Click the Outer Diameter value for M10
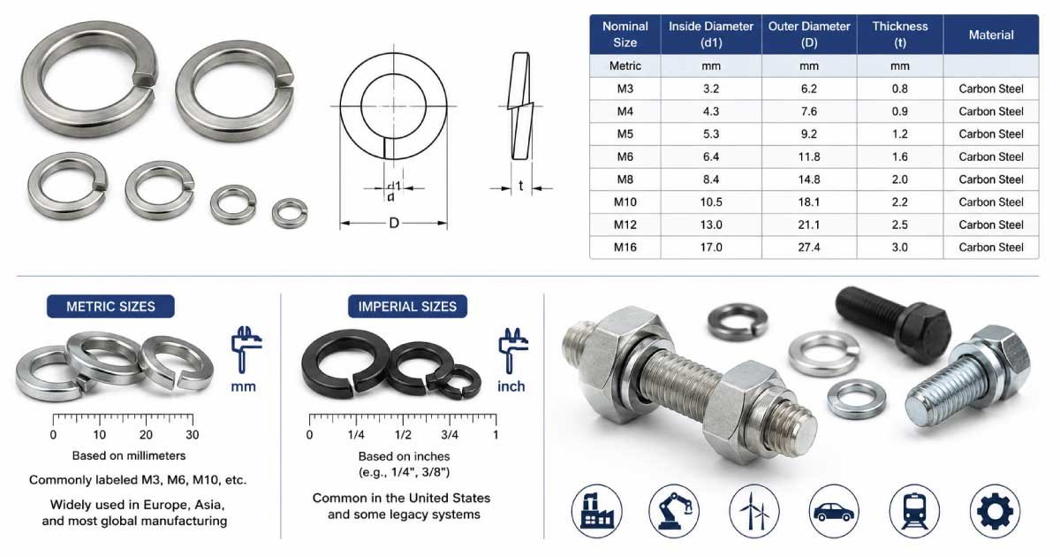pyautogui.click(x=809, y=202)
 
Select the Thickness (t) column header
pyautogui.click(x=899, y=34)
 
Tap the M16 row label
pyautogui.click(x=625, y=248)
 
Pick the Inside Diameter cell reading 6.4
pyautogui.click(x=711, y=156)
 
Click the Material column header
pyautogui.click(x=991, y=34)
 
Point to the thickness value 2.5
pyautogui.click(x=899, y=225)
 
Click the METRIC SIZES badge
pyautogui.click(x=110, y=307)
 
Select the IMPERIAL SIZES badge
pyautogui.click(x=407, y=307)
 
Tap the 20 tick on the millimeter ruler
pyautogui.click(x=147, y=420)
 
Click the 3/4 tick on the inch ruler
pyautogui.click(x=450, y=420)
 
